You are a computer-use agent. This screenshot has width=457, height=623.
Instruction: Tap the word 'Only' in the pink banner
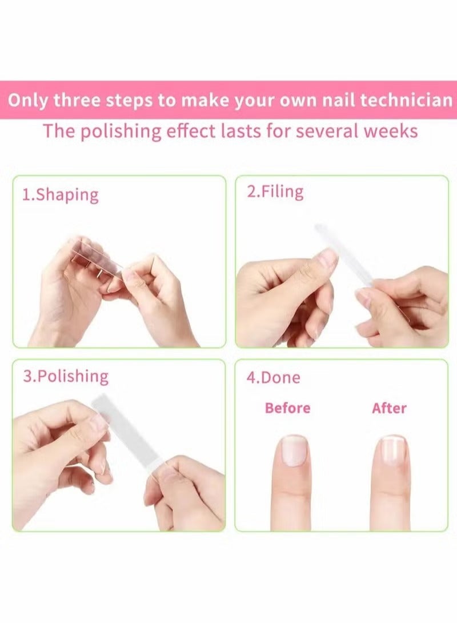pos(28,100)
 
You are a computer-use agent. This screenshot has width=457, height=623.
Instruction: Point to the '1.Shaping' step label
pos(60,194)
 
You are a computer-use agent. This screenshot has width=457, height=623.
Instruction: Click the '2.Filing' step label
pos(275,191)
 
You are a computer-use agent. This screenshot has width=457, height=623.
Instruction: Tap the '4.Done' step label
pos(273,378)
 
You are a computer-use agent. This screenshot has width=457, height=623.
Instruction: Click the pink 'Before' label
pos(287,408)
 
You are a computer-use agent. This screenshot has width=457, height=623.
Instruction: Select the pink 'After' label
pos(389,408)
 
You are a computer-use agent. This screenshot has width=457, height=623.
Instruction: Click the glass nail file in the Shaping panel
pos(97,261)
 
